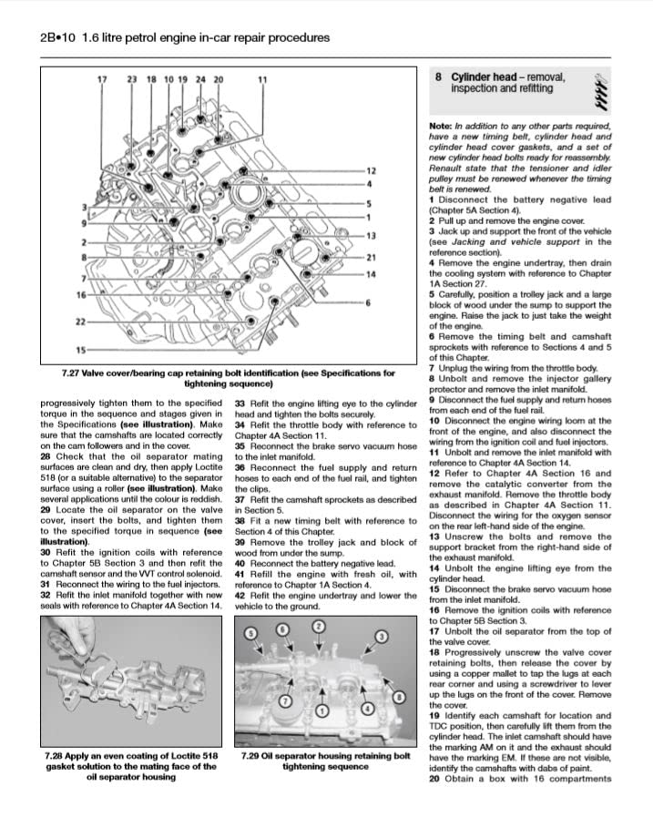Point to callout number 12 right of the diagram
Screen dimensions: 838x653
click(x=371, y=171)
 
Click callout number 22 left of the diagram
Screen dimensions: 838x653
click(x=80, y=322)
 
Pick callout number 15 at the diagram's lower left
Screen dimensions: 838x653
click(x=80, y=350)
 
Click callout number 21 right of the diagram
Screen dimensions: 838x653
click(x=371, y=257)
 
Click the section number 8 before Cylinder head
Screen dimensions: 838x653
click(x=438, y=77)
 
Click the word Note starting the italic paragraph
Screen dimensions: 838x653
click(x=441, y=126)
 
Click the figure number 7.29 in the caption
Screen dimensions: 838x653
click(x=252, y=755)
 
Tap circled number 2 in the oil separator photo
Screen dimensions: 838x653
click(x=318, y=627)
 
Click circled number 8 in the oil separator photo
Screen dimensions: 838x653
click(x=399, y=698)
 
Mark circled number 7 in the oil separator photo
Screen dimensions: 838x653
click(x=284, y=701)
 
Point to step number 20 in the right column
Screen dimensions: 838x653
click(x=435, y=777)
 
